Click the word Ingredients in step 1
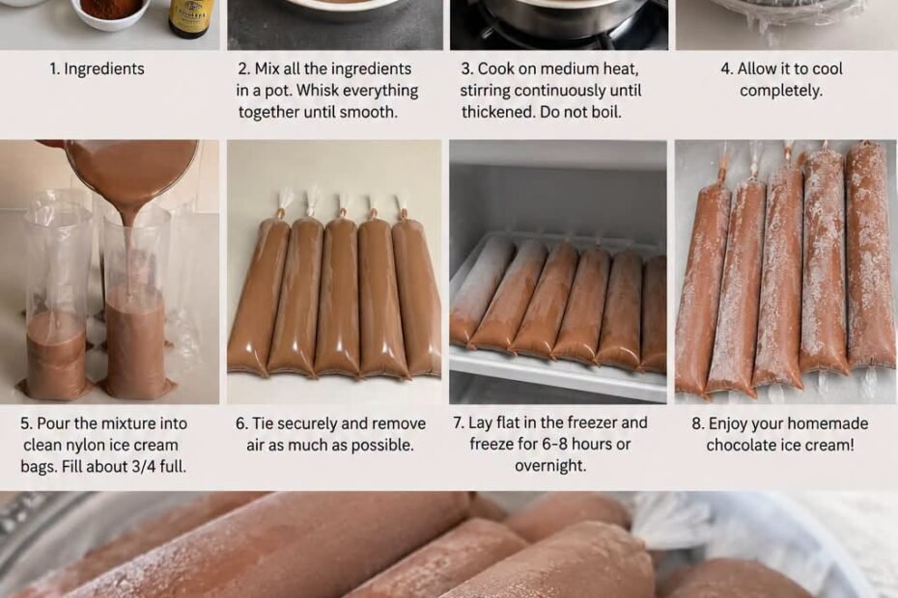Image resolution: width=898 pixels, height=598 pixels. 104,68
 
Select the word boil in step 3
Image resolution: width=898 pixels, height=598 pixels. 605,112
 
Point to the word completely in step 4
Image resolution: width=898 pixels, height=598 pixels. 780,91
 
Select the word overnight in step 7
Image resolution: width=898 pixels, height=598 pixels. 549,465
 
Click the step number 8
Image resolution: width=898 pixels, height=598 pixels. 697,423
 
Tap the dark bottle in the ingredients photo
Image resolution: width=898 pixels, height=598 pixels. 191,18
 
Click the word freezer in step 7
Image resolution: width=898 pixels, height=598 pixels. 589,422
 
